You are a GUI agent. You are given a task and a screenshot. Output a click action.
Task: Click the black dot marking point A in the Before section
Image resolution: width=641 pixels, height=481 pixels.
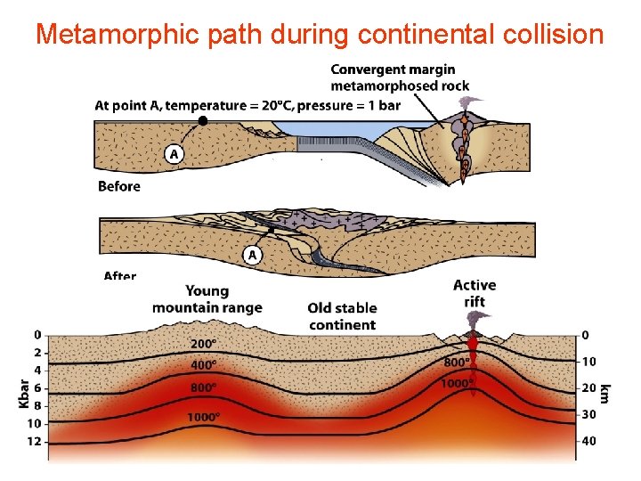click(x=203, y=119)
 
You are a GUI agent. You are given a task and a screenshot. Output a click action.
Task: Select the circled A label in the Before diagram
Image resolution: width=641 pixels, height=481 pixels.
click(x=174, y=154)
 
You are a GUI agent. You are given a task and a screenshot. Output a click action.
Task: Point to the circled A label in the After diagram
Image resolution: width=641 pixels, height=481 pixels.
click(x=252, y=256)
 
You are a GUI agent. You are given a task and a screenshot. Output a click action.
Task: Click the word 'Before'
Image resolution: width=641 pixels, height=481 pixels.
click(x=119, y=186)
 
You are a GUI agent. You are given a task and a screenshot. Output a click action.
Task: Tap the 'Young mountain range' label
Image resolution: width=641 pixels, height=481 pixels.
click(x=207, y=299)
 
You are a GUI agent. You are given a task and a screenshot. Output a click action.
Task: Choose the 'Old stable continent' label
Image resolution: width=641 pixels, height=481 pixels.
click(x=342, y=316)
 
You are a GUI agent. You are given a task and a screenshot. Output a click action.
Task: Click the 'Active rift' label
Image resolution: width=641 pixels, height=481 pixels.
click(x=475, y=293)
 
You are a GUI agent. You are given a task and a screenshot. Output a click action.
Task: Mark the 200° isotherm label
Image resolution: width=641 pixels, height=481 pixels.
click(x=204, y=344)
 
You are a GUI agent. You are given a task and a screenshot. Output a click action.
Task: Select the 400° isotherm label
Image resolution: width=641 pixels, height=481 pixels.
click(x=204, y=364)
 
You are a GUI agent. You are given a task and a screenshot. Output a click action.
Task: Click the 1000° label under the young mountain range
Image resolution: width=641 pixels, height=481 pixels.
click(x=204, y=417)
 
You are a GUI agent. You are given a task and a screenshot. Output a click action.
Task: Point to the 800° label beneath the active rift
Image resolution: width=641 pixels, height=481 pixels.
click(x=457, y=363)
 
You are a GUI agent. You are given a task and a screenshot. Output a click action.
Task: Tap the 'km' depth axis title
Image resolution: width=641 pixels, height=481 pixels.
click(x=605, y=392)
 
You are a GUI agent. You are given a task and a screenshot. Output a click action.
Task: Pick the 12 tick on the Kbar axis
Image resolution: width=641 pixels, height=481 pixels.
click(x=34, y=442)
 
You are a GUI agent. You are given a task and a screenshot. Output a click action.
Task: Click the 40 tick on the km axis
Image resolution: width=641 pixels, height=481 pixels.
click(x=589, y=441)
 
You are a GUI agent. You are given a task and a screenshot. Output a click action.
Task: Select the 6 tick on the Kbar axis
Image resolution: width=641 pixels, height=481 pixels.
click(x=37, y=388)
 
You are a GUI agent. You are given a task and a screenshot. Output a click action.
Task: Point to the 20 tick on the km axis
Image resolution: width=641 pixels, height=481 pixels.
click(x=589, y=388)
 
